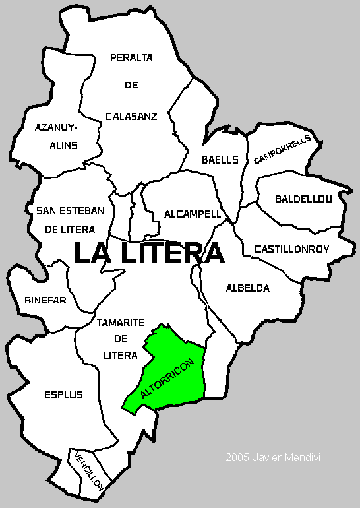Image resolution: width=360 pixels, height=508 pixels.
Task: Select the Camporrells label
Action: (282, 150)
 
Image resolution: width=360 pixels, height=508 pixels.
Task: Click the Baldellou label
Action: (304, 198)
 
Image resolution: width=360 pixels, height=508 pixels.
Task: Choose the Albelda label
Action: (248, 288)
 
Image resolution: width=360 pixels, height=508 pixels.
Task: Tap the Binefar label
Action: (45, 300)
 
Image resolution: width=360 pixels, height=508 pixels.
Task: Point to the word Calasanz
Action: (131, 116)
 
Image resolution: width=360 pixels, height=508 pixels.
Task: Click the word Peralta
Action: (131, 57)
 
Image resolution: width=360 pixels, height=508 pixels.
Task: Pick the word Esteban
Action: (81, 211)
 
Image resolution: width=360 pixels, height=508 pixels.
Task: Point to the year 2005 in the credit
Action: (235, 457)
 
